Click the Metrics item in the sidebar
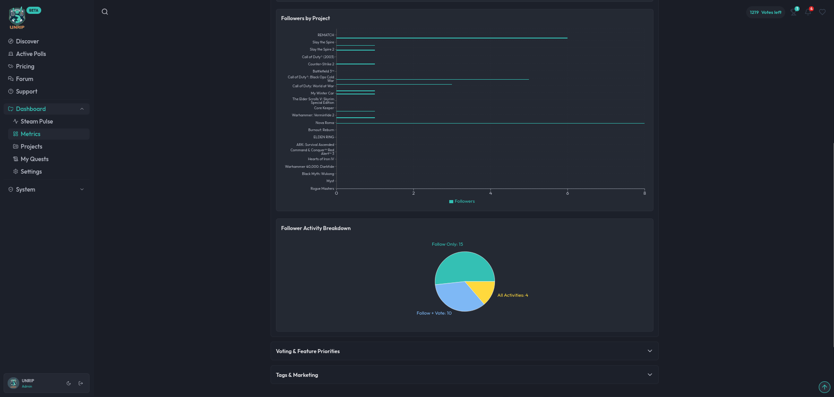[30, 134]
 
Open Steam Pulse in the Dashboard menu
[36, 121]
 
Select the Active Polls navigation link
[30, 54]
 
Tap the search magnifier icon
[105, 12]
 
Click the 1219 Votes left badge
[765, 13]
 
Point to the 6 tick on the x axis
[567, 193]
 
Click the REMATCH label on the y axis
[326, 35]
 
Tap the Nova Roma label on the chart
[325, 123]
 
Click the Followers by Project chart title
[305, 18]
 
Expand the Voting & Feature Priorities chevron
[649, 351]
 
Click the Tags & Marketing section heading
[297, 375]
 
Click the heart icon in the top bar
[822, 12]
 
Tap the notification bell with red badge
[808, 12]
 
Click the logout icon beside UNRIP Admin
[81, 383]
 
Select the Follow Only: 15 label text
[447, 244]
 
